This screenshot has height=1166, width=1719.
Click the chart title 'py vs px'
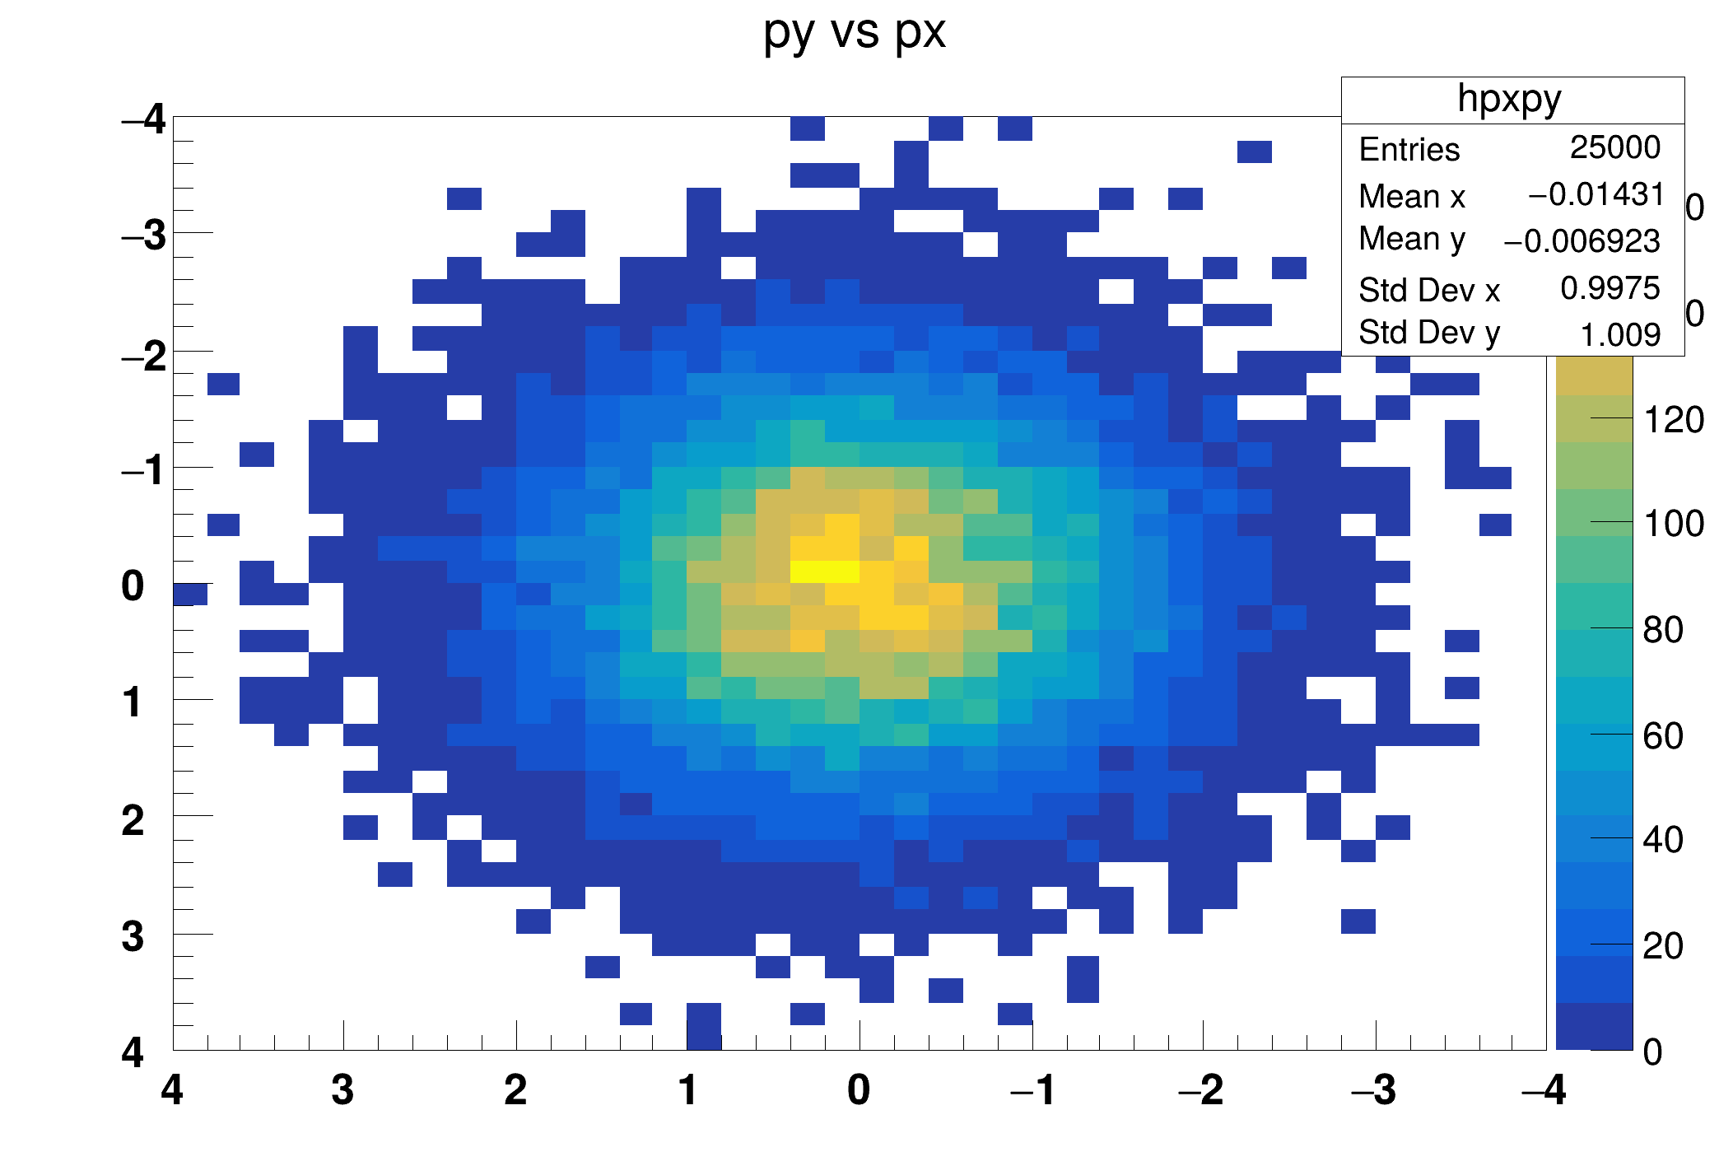pyautogui.click(x=855, y=33)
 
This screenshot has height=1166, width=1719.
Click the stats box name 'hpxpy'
pyautogui.click(x=1509, y=99)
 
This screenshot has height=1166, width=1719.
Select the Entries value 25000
pyautogui.click(x=1614, y=147)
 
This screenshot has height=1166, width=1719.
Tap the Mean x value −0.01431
pyautogui.click(x=1596, y=194)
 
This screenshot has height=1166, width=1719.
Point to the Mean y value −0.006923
pyautogui.click(x=1582, y=241)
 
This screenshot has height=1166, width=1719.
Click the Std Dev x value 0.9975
pyautogui.click(x=1610, y=288)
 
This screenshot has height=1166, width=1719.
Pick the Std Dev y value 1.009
pyautogui.click(x=1619, y=335)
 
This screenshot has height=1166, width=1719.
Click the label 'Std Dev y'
pyautogui.click(x=1428, y=333)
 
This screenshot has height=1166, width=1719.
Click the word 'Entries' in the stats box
pyautogui.click(x=1409, y=150)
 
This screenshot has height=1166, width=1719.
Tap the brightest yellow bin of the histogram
pyautogui.click(x=824, y=571)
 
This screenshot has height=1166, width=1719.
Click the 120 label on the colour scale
pyautogui.click(x=1674, y=420)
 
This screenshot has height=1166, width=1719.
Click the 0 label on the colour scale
pyautogui.click(x=1652, y=1052)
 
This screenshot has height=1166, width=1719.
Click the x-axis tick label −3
pyautogui.click(x=1373, y=1091)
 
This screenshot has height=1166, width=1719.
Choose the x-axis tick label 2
pyautogui.click(x=515, y=1091)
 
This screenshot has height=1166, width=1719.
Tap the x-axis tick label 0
pyautogui.click(x=859, y=1091)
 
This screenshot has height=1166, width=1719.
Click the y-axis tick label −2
pyautogui.click(x=143, y=356)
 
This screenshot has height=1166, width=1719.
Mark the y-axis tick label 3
pyautogui.click(x=133, y=937)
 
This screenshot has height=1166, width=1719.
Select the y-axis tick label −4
pyautogui.click(x=143, y=120)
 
